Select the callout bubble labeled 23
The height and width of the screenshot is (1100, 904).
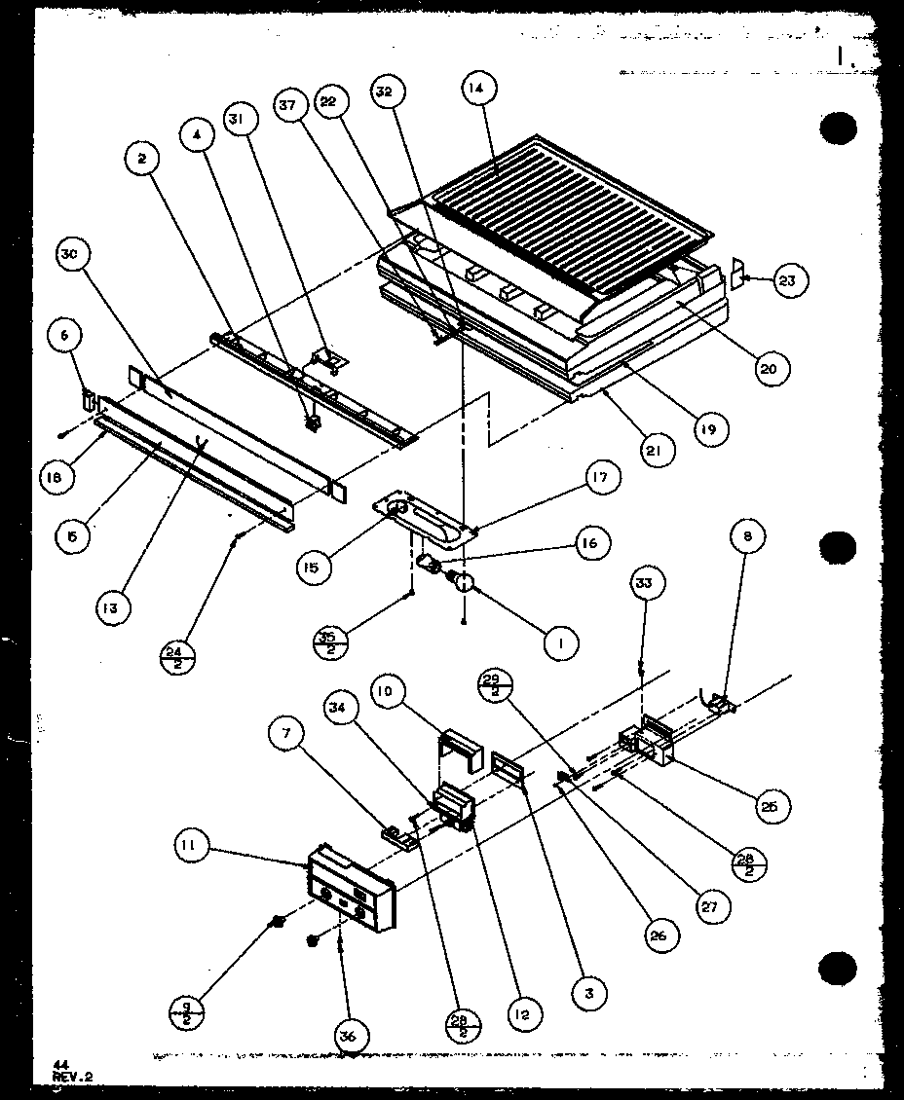(785, 280)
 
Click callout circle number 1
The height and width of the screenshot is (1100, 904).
(561, 642)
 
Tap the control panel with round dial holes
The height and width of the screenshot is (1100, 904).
(351, 890)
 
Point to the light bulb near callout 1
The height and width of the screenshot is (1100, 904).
(463, 582)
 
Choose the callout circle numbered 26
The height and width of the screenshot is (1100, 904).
(661, 935)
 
